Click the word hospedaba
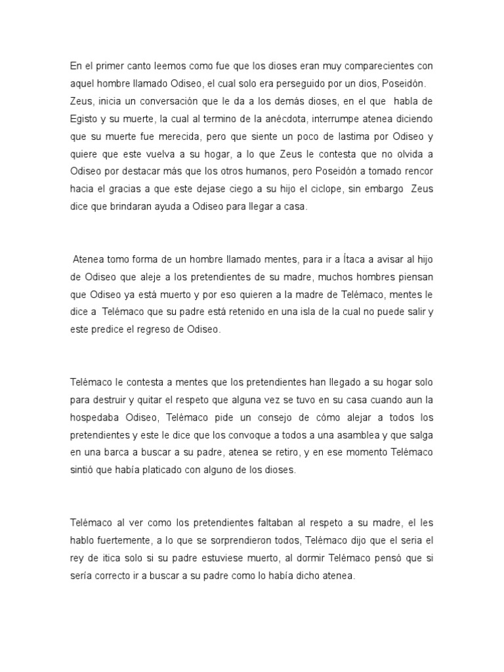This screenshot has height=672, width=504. click(98, 417)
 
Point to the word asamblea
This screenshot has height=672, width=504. click(345, 434)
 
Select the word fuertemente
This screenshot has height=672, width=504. click(128, 540)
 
